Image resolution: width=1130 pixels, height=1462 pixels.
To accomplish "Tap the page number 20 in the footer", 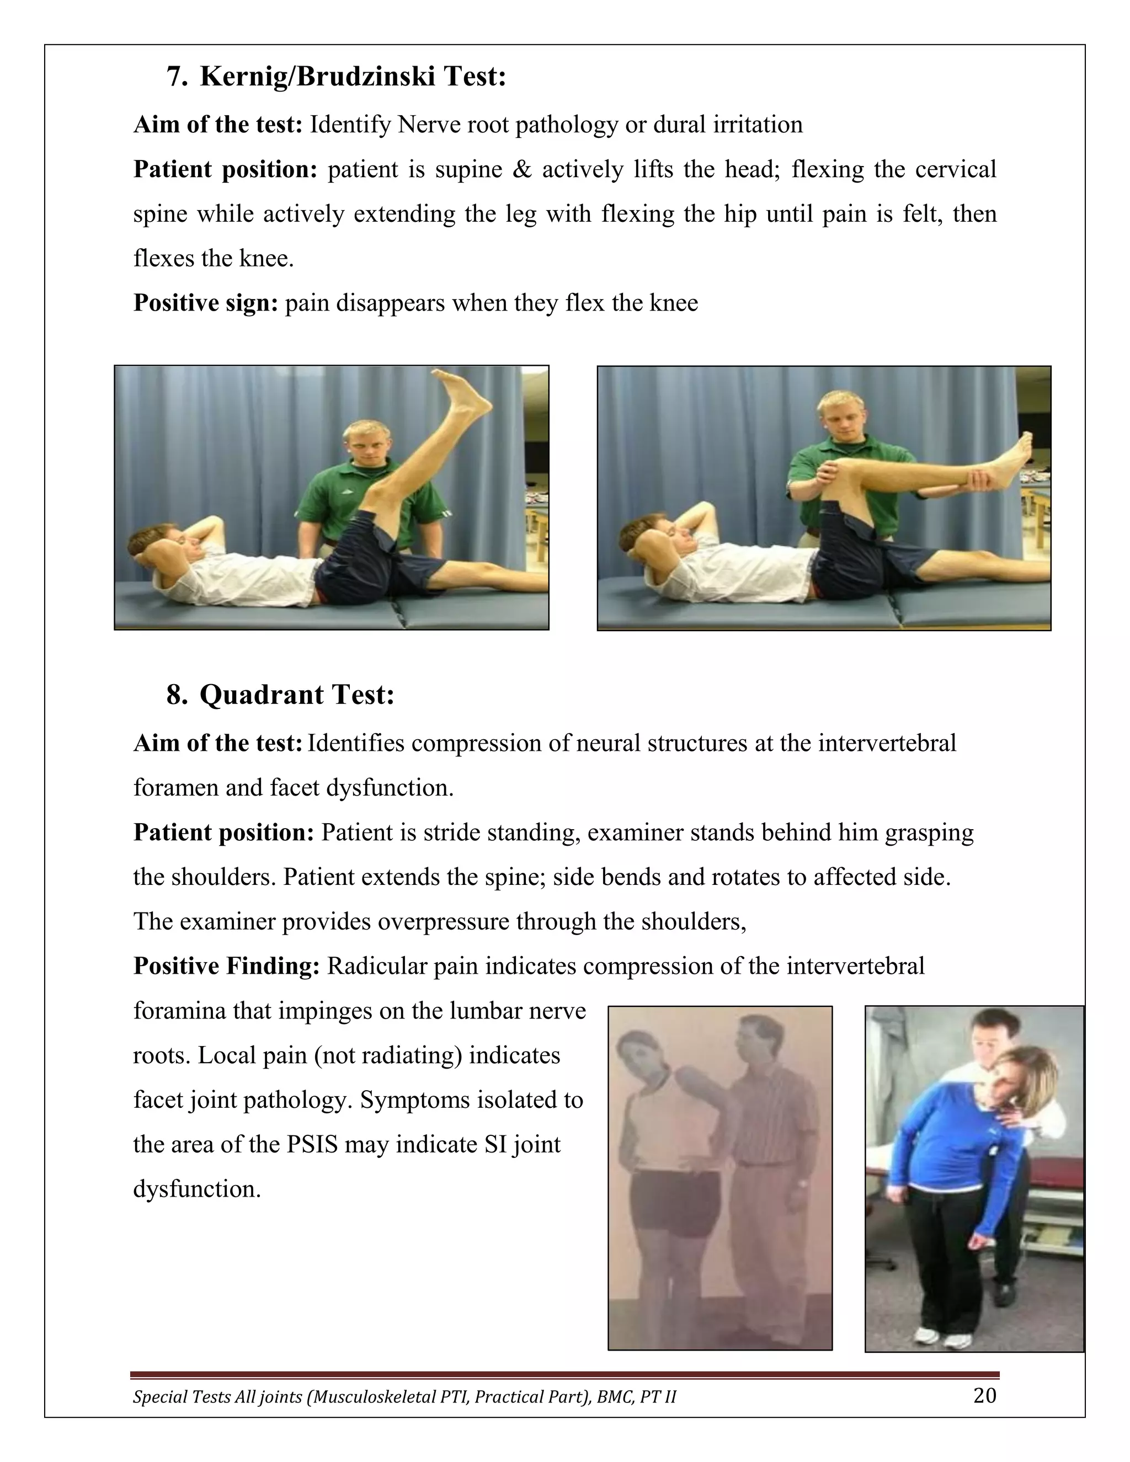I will pyautogui.click(x=984, y=1396).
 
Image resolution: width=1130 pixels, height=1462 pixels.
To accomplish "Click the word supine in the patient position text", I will pyautogui.click(x=468, y=169).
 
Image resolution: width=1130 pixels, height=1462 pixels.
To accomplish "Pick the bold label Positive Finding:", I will pyautogui.click(x=226, y=966).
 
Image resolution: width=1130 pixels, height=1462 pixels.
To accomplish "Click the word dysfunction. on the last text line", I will pyautogui.click(x=197, y=1189).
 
